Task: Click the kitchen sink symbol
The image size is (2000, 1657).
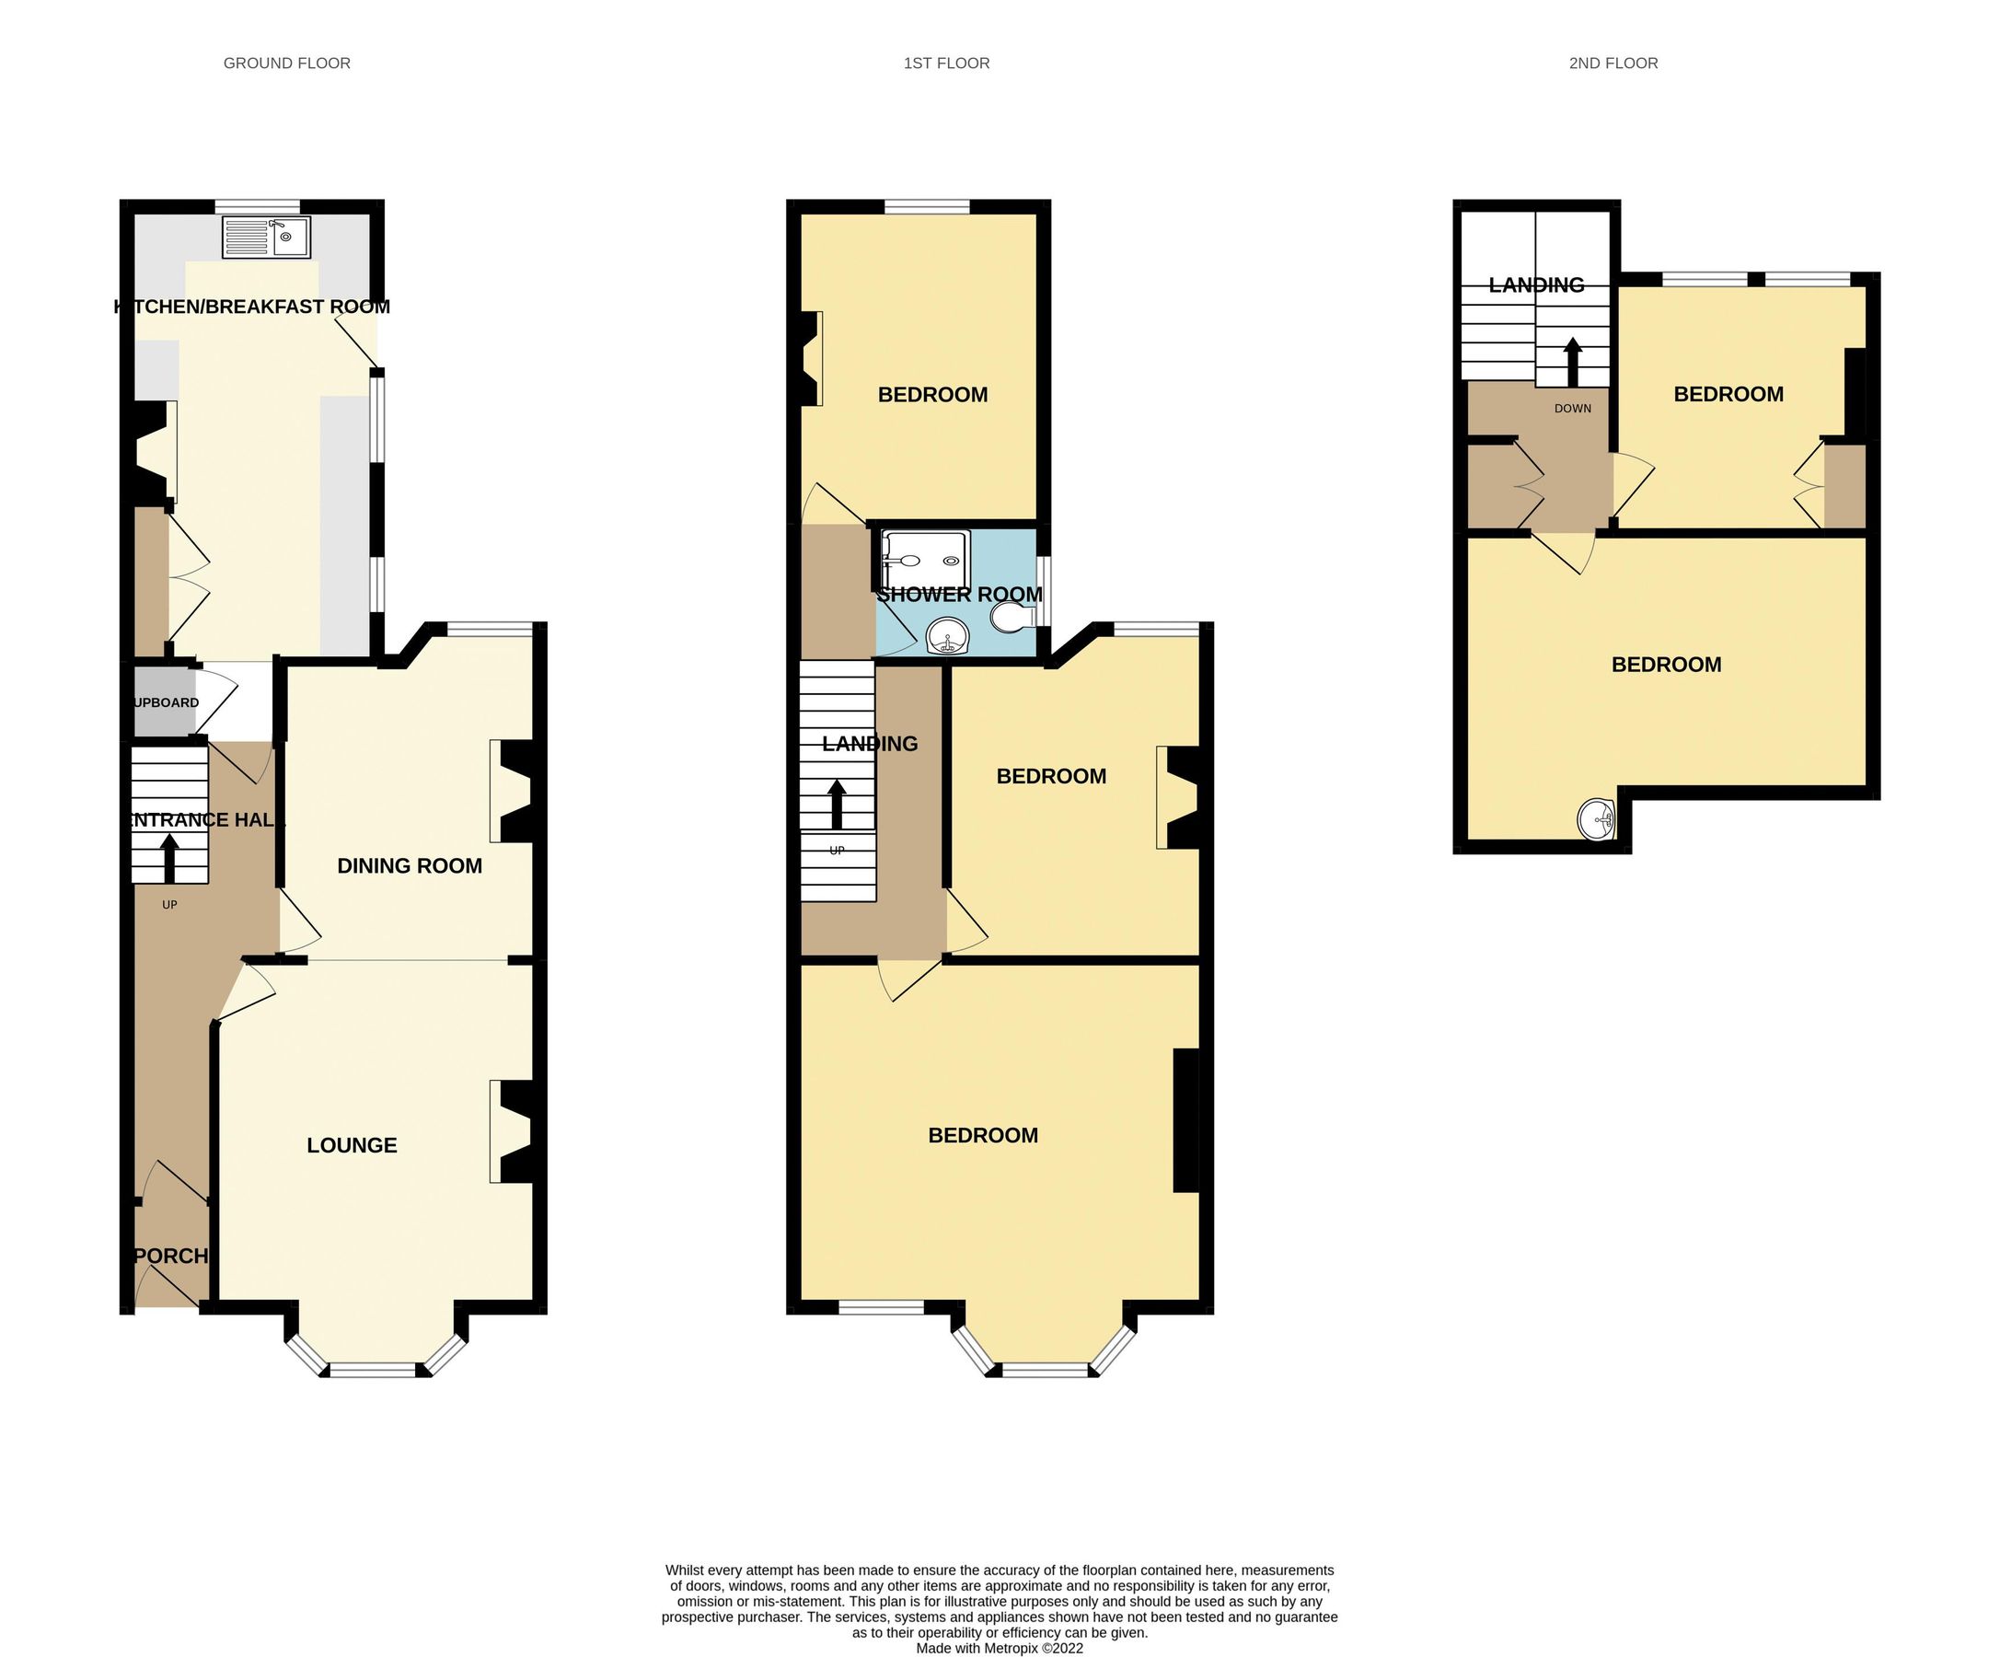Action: pyautogui.click(x=266, y=238)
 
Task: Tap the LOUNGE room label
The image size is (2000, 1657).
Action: pyautogui.click(x=352, y=1145)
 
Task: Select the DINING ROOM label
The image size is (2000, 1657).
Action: pyautogui.click(x=410, y=865)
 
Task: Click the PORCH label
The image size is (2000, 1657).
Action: pyautogui.click(x=171, y=1256)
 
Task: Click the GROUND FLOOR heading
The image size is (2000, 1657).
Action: pyautogui.click(x=286, y=63)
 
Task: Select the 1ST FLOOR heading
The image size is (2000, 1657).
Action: pyautogui.click(x=947, y=63)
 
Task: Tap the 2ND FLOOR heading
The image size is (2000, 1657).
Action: pyautogui.click(x=1613, y=63)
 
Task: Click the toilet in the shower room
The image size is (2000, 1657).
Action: pyautogui.click(x=1012, y=620)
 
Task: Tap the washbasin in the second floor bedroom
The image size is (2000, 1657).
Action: pyautogui.click(x=1596, y=820)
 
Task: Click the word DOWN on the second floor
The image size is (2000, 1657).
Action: pyautogui.click(x=1572, y=409)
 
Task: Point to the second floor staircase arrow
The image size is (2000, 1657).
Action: pyautogui.click(x=1572, y=362)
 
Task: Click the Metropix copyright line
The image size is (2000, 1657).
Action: pyautogui.click(x=999, y=1649)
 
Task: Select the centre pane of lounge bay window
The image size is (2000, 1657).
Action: pyautogui.click(x=373, y=1371)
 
